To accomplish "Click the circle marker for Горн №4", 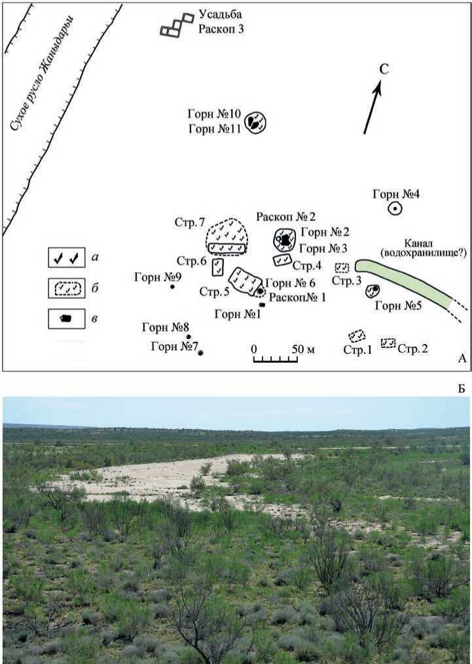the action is (x=395, y=209).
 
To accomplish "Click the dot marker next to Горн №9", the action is (x=172, y=287).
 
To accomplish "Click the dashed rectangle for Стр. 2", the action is (x=388, y=343).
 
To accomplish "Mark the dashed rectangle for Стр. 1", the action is (x=357, y=336).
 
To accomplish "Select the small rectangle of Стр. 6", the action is (x=218, y=267).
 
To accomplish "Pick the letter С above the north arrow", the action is (x=385, y=69).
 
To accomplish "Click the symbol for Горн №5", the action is (x=373, y=290).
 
